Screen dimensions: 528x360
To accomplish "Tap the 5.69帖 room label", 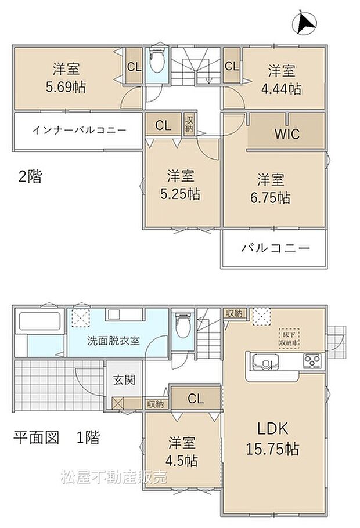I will pos(66,78).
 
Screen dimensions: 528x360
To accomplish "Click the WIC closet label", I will pos(287,134).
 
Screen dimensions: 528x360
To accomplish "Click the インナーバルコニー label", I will pos(79,130).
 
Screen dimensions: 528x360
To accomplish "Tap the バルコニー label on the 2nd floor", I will pos(275,248).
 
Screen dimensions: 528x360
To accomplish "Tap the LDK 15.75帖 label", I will pos(273,439).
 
